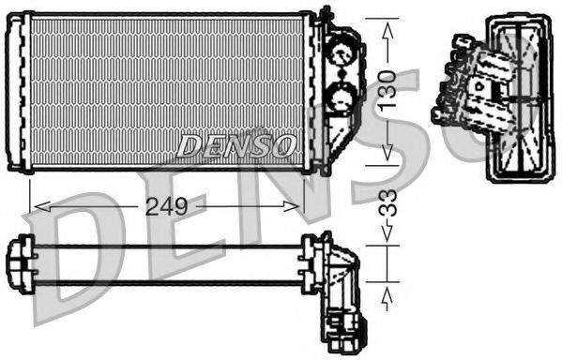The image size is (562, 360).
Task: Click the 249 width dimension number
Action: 167,204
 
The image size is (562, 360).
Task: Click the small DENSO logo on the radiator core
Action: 236,145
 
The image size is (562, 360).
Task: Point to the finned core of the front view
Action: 169,89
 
